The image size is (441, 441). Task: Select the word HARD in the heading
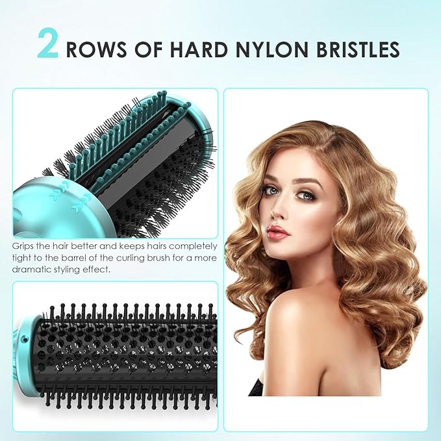(194, 49)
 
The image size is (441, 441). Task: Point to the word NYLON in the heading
(272, 49)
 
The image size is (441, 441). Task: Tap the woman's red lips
(277, 232)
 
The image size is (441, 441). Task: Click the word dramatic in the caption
(31, 268)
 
